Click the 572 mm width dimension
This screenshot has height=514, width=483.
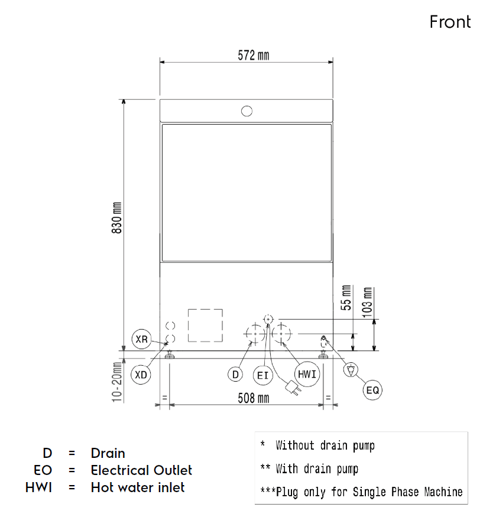[253, 56]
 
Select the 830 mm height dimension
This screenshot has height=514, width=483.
[117, 217]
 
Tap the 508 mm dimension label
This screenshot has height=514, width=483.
[253, 398]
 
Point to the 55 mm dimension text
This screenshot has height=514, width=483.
[346, 298]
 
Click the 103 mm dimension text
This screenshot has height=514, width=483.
[368, 302]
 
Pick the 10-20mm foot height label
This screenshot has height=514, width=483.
[117, 382]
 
